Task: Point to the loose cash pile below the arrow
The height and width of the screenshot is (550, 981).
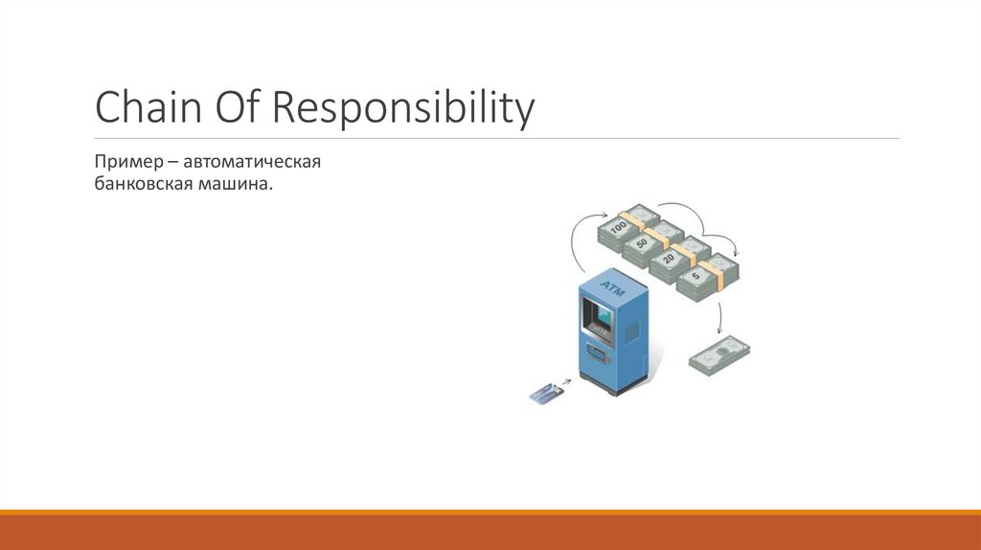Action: point(719,355)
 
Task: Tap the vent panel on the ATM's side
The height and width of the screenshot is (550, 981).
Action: point(632,331)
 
